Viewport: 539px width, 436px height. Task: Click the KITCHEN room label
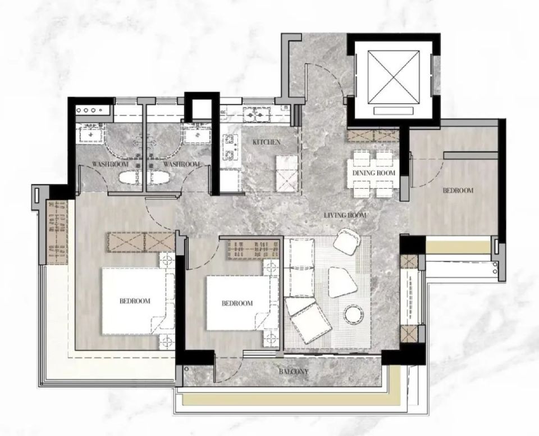[x=266, y=142]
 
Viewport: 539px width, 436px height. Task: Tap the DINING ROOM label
[x=374, y=172]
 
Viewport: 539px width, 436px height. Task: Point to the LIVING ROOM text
[x=345, y=215]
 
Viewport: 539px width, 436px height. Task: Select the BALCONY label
[x=294, y=371]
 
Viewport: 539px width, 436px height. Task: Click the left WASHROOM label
[x=110, y=164]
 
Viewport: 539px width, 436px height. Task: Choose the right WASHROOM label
[x=181, y=164]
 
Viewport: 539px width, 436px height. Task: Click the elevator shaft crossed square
[x=394, y=77]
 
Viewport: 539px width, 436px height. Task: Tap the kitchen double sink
[x=257, y=114]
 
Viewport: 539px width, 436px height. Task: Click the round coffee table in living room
[x=353, y=314]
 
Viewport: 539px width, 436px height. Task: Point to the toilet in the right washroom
[x=159, y=178]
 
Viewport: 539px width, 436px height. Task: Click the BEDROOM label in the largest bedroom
[x=135, y=301]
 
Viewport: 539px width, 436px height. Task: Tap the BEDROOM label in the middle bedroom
[x=237, y=303]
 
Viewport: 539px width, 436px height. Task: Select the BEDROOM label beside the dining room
[x=458, y=190]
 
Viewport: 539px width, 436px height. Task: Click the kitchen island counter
[x=286, y=174]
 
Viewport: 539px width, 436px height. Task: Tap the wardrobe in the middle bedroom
[x=254, y=250]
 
